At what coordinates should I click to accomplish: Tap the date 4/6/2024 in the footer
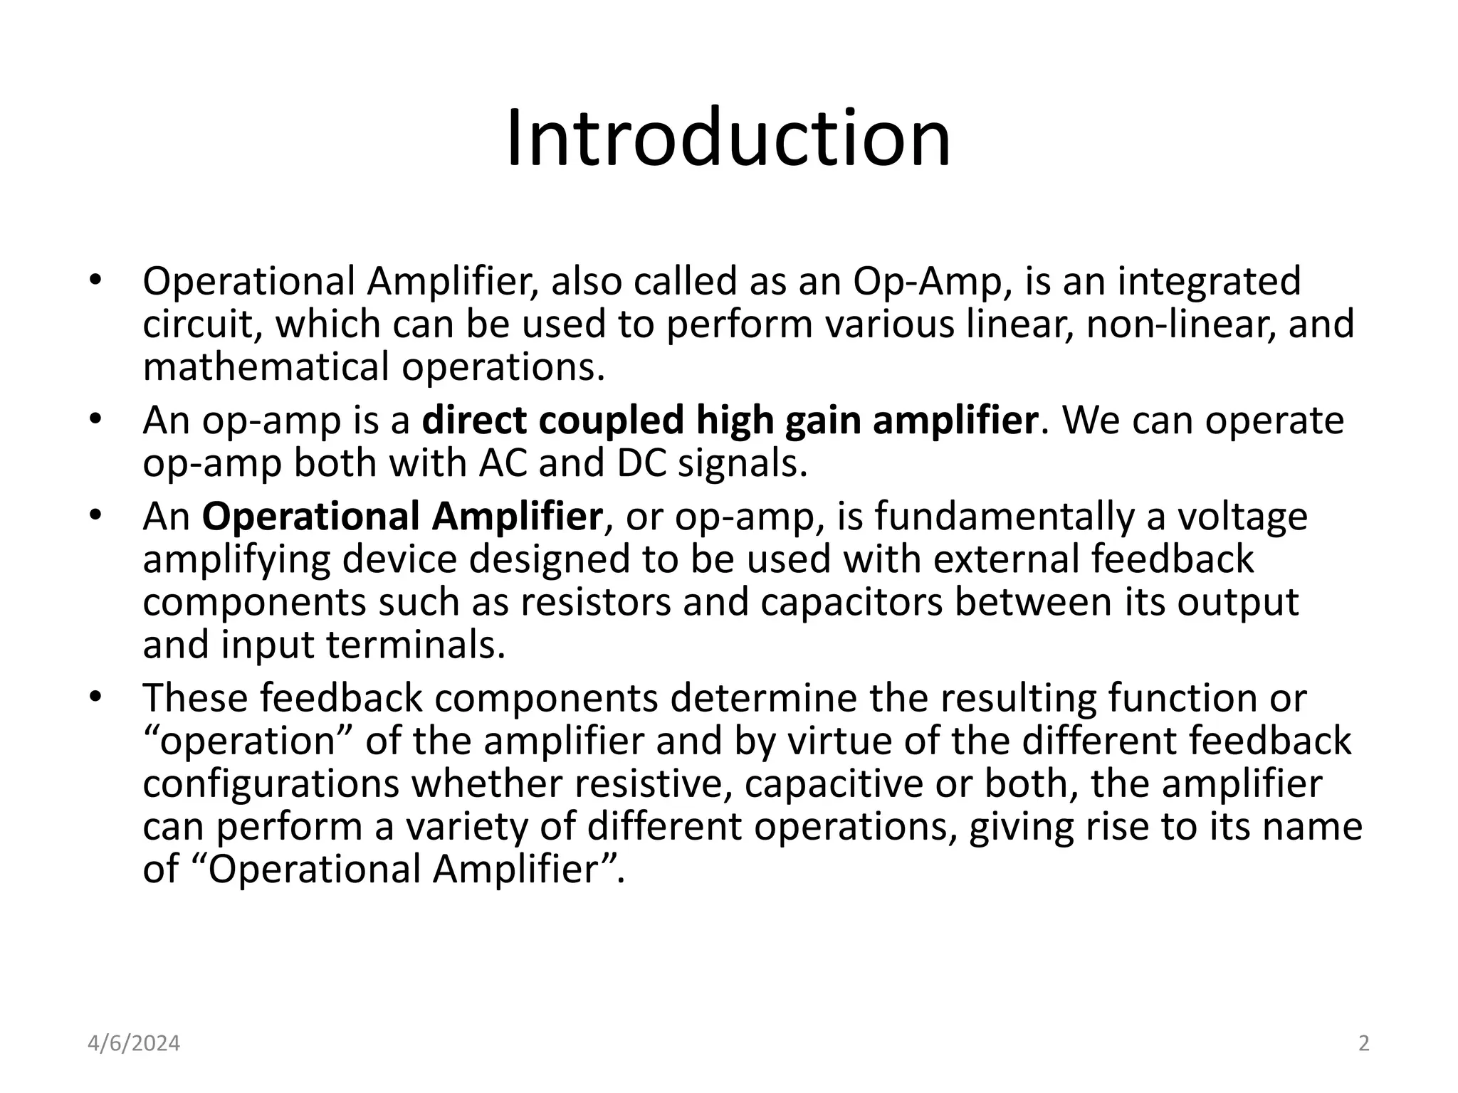tap(134, 1044)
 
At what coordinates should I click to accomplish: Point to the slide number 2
tap(1363, 1044)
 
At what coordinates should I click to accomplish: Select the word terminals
tap(415, 645)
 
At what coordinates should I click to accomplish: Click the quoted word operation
tap(247, 741)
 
